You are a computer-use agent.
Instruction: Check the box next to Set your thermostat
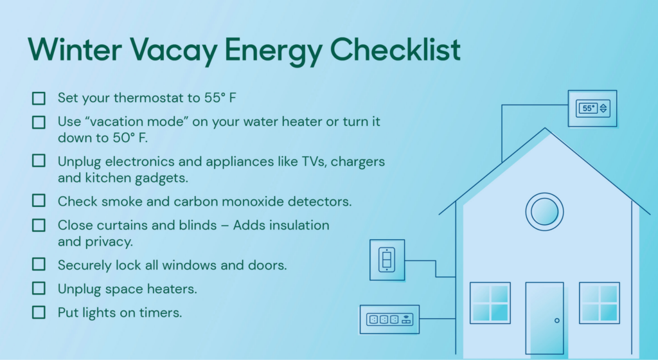coord(39,98)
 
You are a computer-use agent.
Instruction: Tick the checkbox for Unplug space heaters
coord(39,289)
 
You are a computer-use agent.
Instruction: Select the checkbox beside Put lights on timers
coord(39,312)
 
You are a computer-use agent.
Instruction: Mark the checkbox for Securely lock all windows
coord(39,264)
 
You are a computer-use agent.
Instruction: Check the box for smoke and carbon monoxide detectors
coord(39,201)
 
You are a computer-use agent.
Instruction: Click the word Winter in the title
coord(75,50)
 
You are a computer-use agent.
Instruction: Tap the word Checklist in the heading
coord(395,50)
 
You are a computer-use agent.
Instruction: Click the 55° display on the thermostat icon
coord(589,108)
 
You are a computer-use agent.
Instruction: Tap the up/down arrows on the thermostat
coord(603,108)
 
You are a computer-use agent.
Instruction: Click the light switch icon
coord(387,260)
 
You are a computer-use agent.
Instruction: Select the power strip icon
coord(389,319)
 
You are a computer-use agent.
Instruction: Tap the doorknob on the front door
coord(557,321)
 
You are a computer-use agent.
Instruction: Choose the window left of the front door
coord(490,303)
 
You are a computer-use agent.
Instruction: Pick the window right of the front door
coord(600,303)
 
